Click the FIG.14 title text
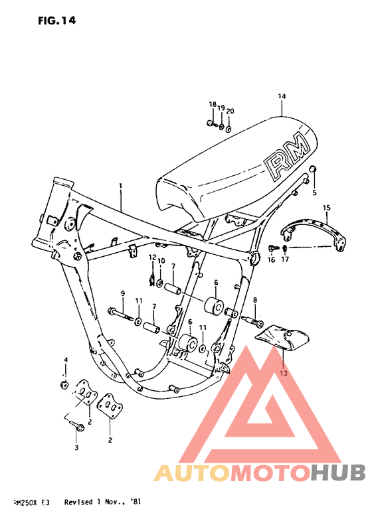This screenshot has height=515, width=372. [x=57, y=21]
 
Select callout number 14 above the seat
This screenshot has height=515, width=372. [x=282, y=96]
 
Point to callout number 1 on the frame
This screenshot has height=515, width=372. [x=121, y=186]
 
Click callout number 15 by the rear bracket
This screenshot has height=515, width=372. [x=326, y=208]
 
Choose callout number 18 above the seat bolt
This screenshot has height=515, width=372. [x=213, y=104]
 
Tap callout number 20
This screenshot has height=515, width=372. [x=230, y=110]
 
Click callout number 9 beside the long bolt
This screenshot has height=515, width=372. [x=122, y=293]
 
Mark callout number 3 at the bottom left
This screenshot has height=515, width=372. [x=76, y=449]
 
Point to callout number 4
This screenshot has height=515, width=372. [x=66, y=360]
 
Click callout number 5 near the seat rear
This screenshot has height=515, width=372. [x=315, y=193]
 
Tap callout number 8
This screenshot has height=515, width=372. [x=254, y=301]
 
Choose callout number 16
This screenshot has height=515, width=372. [x=271, y=261]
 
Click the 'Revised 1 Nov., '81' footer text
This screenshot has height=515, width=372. [x=102, y=503]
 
